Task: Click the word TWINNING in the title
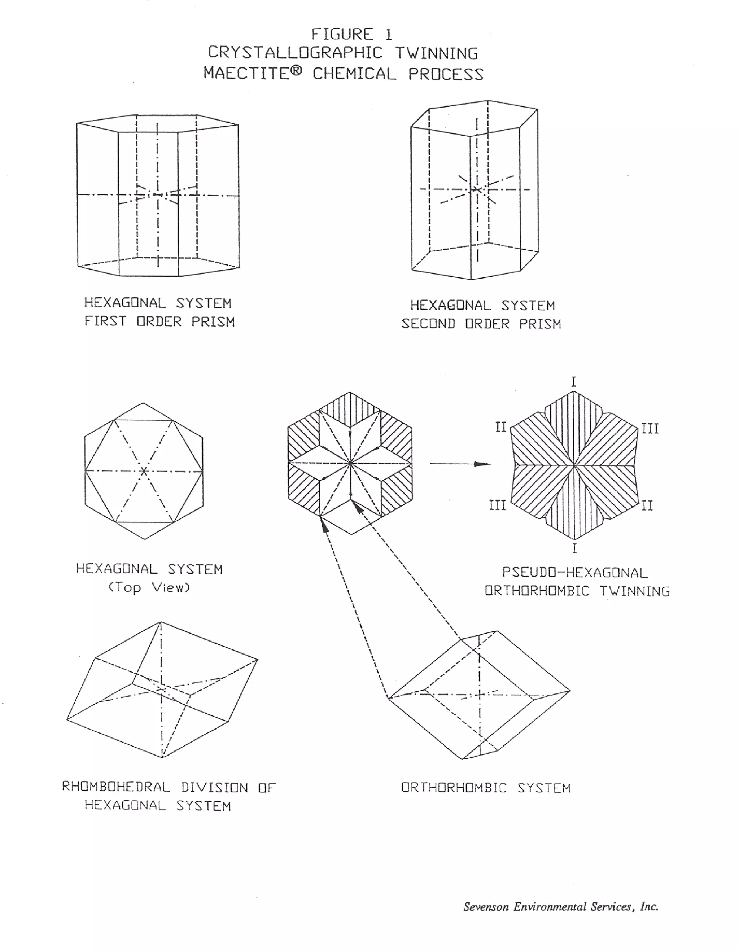tap(436, 53)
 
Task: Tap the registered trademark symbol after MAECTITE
tap(296, 72)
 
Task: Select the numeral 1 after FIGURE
tap(388, 34)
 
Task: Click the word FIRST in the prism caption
tap(105, 321)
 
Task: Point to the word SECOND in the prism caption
tap(428, 324)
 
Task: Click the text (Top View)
tap(149, 588)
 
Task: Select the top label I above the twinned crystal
tap(574, 382)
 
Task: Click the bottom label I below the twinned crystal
tap(574, 548)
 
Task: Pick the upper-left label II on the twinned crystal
tap(501, 427)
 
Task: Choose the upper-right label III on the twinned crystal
tap(650, 429)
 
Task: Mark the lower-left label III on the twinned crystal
tap(497, 505)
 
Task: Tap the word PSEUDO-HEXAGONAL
tap(575, 573)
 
